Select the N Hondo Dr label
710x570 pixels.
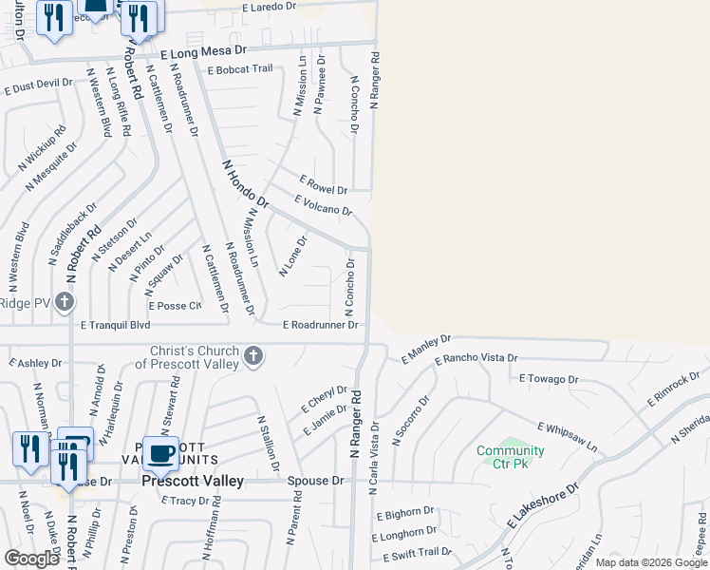point(246,184)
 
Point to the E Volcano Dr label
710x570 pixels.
point(324,205)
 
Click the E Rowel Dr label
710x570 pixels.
point(324,184)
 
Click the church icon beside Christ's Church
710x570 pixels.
point(252,356)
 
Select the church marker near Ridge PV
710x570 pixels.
point(64,303)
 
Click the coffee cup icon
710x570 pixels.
point(159,453)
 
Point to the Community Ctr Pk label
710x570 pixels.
point(511,457)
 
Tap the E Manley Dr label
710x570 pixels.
point(425,348)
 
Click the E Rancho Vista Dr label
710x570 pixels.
point(476,360)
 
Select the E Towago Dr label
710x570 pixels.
point(548,378)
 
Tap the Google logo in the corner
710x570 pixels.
point(31,559)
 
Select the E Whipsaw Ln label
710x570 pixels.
point(567,436)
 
